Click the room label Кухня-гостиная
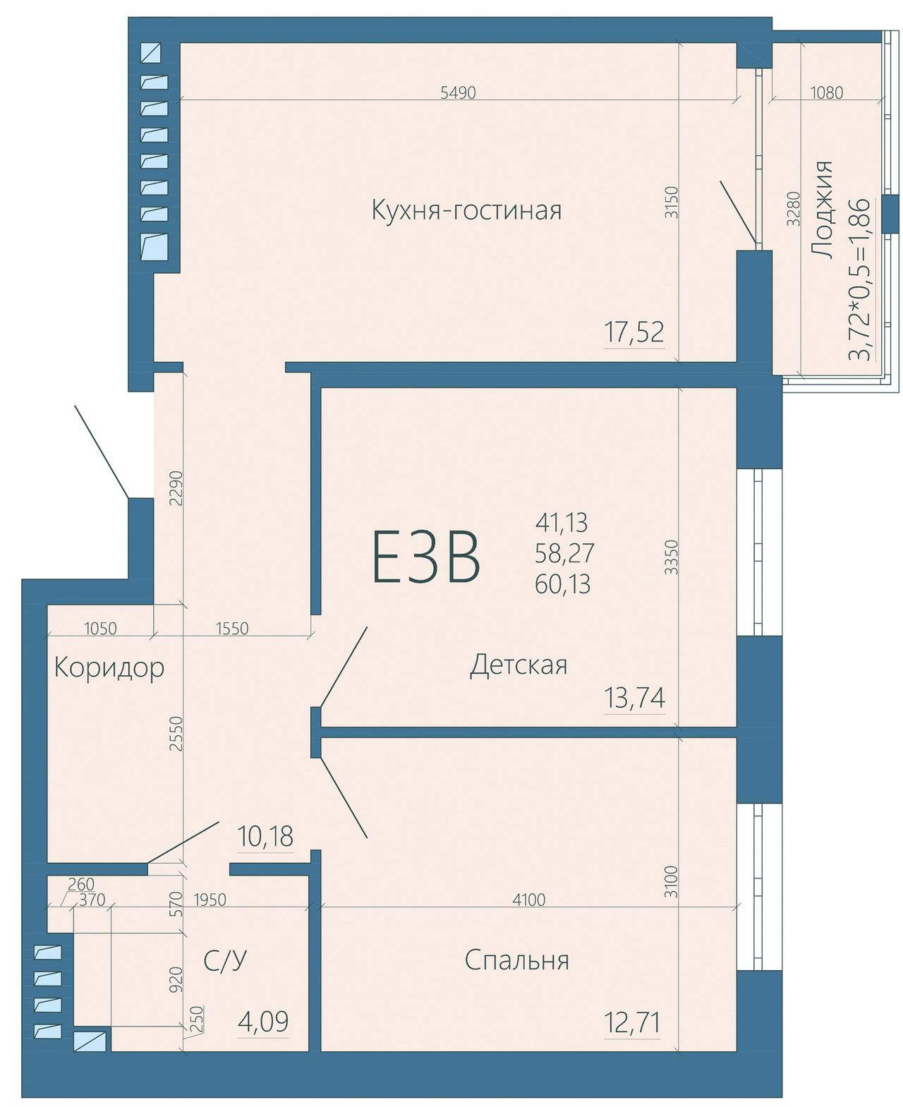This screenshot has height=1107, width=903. point(466,210)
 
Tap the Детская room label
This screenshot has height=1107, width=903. point(519,665)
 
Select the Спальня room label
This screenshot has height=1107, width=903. point(516,960)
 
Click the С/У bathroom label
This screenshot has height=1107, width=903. point(225,960)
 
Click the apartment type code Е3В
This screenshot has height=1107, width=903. point(426,557)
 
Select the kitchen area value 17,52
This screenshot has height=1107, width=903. point(634,332)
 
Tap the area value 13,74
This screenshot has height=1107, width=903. point(635,698)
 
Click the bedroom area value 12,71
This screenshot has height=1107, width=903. point(632,1023)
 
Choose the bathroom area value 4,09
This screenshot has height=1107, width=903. point(263,1021)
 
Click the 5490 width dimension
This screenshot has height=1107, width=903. point(458,92)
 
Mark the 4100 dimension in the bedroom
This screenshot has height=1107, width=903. point(528,900)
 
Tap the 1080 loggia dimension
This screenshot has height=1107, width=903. point(827,92)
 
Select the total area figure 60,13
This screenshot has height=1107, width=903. point(563,583)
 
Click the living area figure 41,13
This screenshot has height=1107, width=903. point(562,522)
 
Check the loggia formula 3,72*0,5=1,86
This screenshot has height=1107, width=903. point(861,279)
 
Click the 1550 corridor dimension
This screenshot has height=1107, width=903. point(231,629)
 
